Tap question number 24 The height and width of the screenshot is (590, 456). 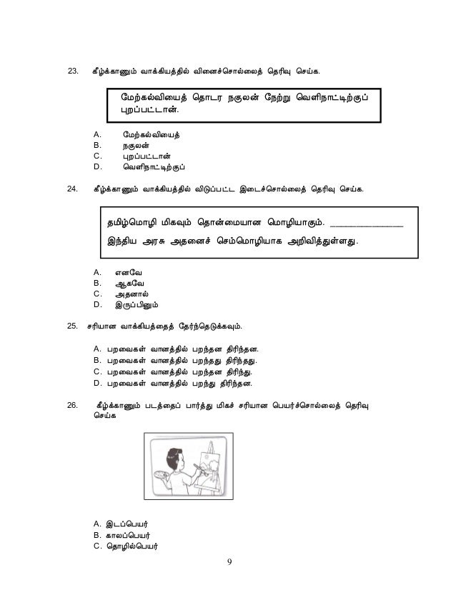point(71,191)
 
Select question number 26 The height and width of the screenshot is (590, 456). point(71,406)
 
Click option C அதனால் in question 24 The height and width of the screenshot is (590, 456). point(134,296)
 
